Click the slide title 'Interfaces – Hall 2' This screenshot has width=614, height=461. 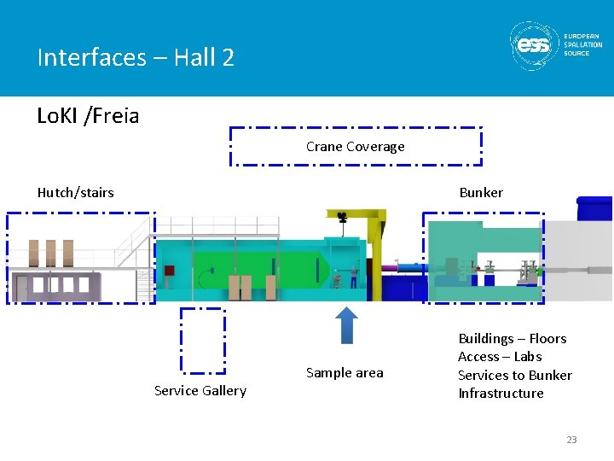(136, 58)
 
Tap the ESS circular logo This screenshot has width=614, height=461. (535, 44)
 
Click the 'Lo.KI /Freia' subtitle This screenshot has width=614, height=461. (88, 116)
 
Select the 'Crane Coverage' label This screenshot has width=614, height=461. (355, 147)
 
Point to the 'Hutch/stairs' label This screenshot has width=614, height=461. (75, 193)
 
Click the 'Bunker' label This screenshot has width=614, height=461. (481, 193)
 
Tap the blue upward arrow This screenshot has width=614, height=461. (345, 324)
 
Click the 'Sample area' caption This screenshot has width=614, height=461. (345, 373)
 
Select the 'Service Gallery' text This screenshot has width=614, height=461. (200, 391)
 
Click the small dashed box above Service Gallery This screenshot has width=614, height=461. (203, 341)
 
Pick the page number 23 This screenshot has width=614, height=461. (571, 440)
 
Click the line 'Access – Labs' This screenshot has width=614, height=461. (500, 357)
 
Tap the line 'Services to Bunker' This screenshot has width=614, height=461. (514, 375)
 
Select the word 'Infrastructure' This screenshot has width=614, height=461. (501, 394)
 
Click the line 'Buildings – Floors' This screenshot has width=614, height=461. (512, 339)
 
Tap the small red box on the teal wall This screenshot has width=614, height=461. (170, 271)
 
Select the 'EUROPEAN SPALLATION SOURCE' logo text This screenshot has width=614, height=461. (582, 44)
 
